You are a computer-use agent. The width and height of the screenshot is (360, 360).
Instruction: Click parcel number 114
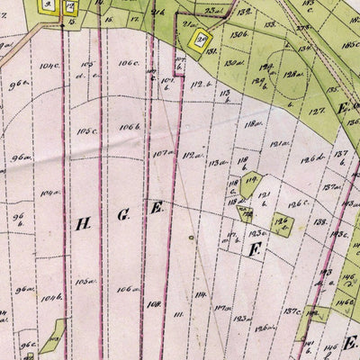[x=201, y=295]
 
